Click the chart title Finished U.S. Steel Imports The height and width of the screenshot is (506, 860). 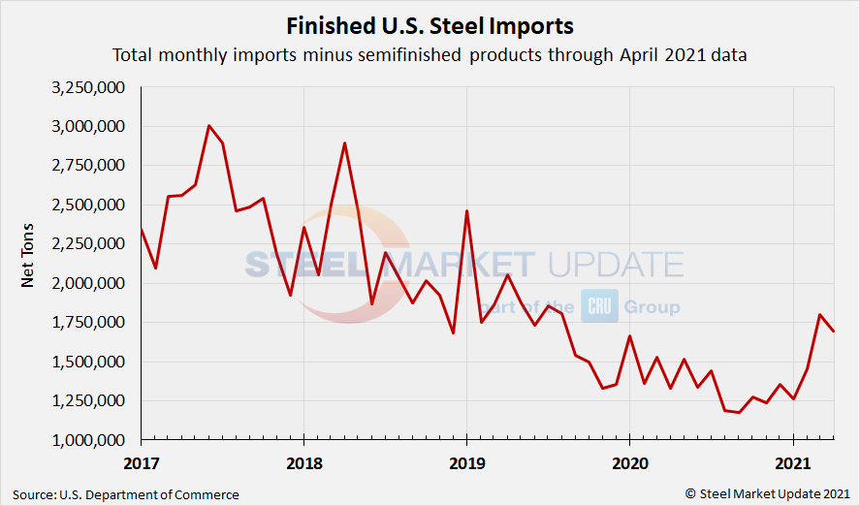430,25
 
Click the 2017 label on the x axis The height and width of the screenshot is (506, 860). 142,462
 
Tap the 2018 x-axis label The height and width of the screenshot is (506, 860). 304,462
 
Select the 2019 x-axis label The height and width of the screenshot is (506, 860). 467,462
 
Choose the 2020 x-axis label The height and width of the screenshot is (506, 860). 630,462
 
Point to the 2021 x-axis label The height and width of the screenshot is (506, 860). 793,462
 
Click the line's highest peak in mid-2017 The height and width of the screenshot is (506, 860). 208,125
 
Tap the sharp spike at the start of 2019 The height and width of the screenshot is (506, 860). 466,211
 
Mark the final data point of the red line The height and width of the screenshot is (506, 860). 834,332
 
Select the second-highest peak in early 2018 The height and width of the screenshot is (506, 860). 344,143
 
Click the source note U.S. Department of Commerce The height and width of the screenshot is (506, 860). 126,494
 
